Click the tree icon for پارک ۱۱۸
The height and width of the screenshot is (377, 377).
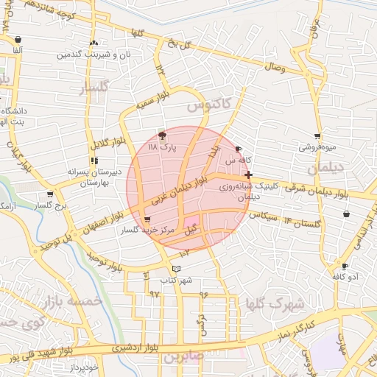[162, 135]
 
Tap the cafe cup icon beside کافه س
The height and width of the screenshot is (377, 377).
[238, 149]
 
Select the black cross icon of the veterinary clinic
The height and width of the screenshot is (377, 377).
[249, 175]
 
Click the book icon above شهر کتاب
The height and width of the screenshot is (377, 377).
[175, 269]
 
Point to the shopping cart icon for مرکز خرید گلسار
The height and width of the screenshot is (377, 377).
[147, 219]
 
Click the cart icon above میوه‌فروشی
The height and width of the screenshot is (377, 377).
[317, 136]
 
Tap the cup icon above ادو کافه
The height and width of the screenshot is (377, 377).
[345, 266]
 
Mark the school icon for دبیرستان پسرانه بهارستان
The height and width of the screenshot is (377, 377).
[94, 161]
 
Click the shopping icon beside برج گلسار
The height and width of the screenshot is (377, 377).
[49, 195]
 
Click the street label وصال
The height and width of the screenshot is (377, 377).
[273, 67]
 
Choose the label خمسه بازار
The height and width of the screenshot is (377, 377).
[72, 302]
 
